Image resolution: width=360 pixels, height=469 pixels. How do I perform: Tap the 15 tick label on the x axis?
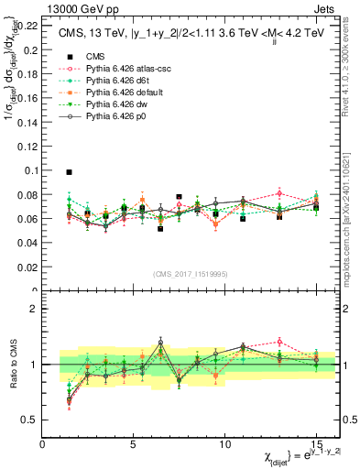[x=316, y=444]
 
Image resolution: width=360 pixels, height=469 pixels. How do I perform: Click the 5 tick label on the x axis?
[x=133, y=444]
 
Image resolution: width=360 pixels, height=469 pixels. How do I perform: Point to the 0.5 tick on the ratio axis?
[x=32, y=420]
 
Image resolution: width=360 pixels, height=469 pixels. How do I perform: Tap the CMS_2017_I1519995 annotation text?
[x=190, y=272]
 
